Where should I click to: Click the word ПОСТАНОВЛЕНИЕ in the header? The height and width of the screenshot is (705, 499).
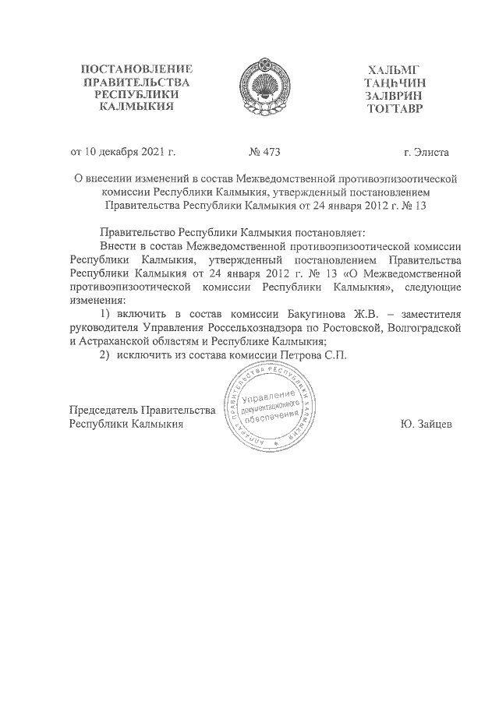[136, 70]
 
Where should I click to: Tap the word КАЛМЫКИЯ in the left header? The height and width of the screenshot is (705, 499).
[136, 108]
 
